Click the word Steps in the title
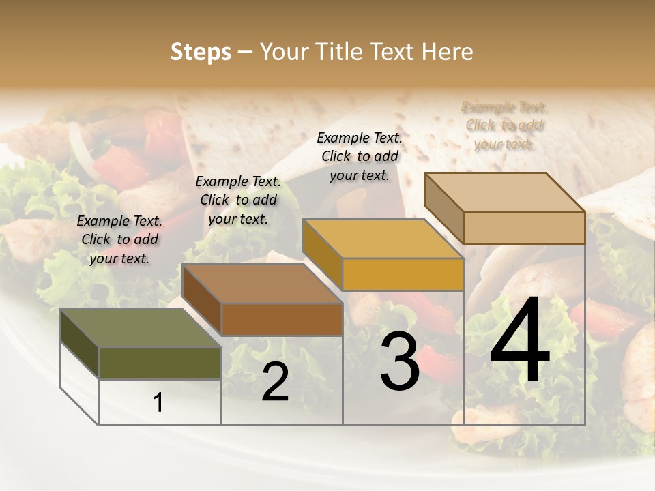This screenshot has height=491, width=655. tap(201, 52)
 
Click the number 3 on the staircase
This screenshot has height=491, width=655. tap(400, 361)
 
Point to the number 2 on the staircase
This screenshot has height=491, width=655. tap(275, 382)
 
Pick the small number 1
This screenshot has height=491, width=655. tap(158, 403)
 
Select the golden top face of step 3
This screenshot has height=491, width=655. tap(383, 239)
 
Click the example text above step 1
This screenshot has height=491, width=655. tap(119, 239)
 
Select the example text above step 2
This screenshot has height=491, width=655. tap(238, 200)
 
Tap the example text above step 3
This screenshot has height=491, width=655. tap(360, 156)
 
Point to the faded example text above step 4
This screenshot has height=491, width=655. tap(504, 125)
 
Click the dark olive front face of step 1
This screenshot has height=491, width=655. tap(160, 363)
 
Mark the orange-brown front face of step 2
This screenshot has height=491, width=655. tap(282, 319)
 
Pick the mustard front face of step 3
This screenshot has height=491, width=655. tap(403, 274)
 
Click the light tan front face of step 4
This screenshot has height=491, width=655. tap(524, 228)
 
